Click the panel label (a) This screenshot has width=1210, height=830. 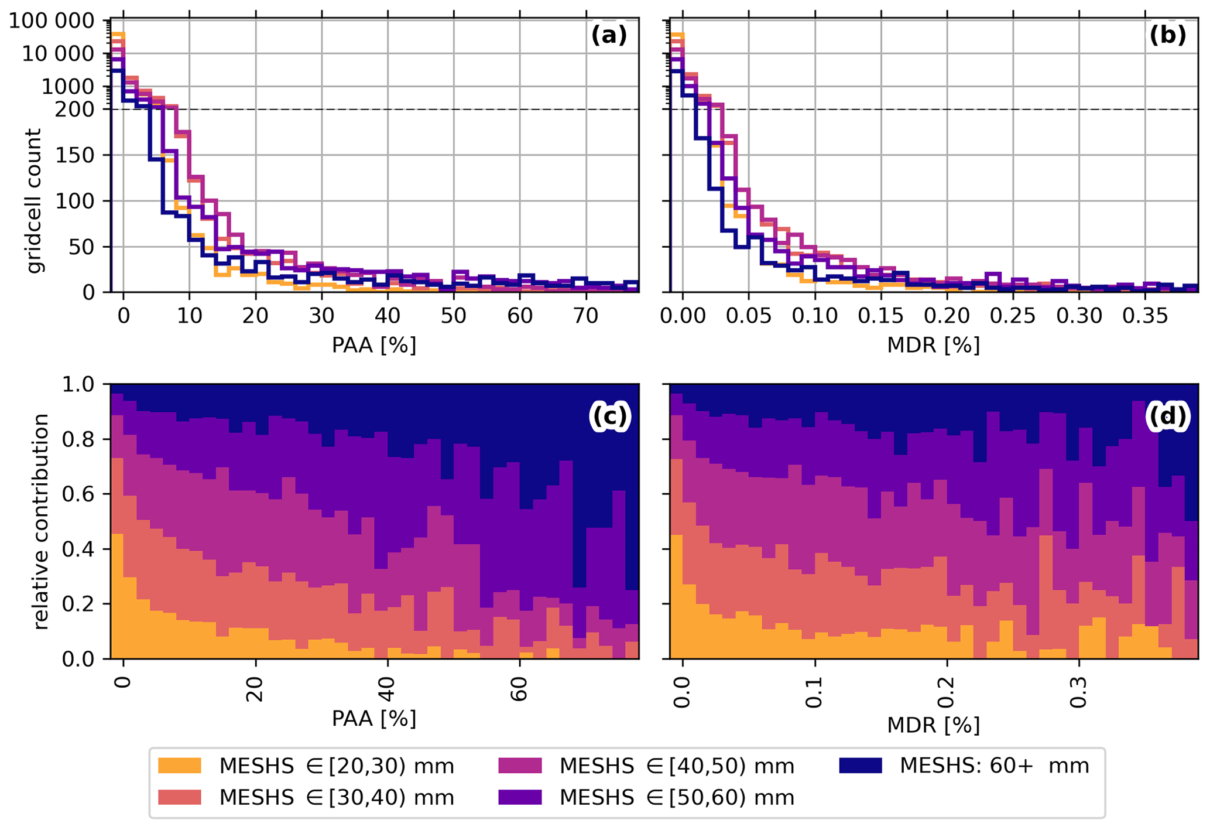click(609, 36)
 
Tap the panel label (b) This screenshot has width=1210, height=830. click(1168, 36)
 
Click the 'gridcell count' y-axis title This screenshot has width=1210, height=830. click(35, 201)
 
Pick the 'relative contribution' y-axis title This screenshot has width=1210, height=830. click(40, 521)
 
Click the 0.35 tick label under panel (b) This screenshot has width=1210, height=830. click(1145, 316)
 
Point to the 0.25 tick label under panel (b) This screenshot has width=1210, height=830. click(1013, 316)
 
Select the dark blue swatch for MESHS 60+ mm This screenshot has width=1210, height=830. click(860, 766)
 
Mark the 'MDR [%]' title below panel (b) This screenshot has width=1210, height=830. click(933, 346)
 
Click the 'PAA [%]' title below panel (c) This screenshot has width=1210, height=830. click(374, 718)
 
